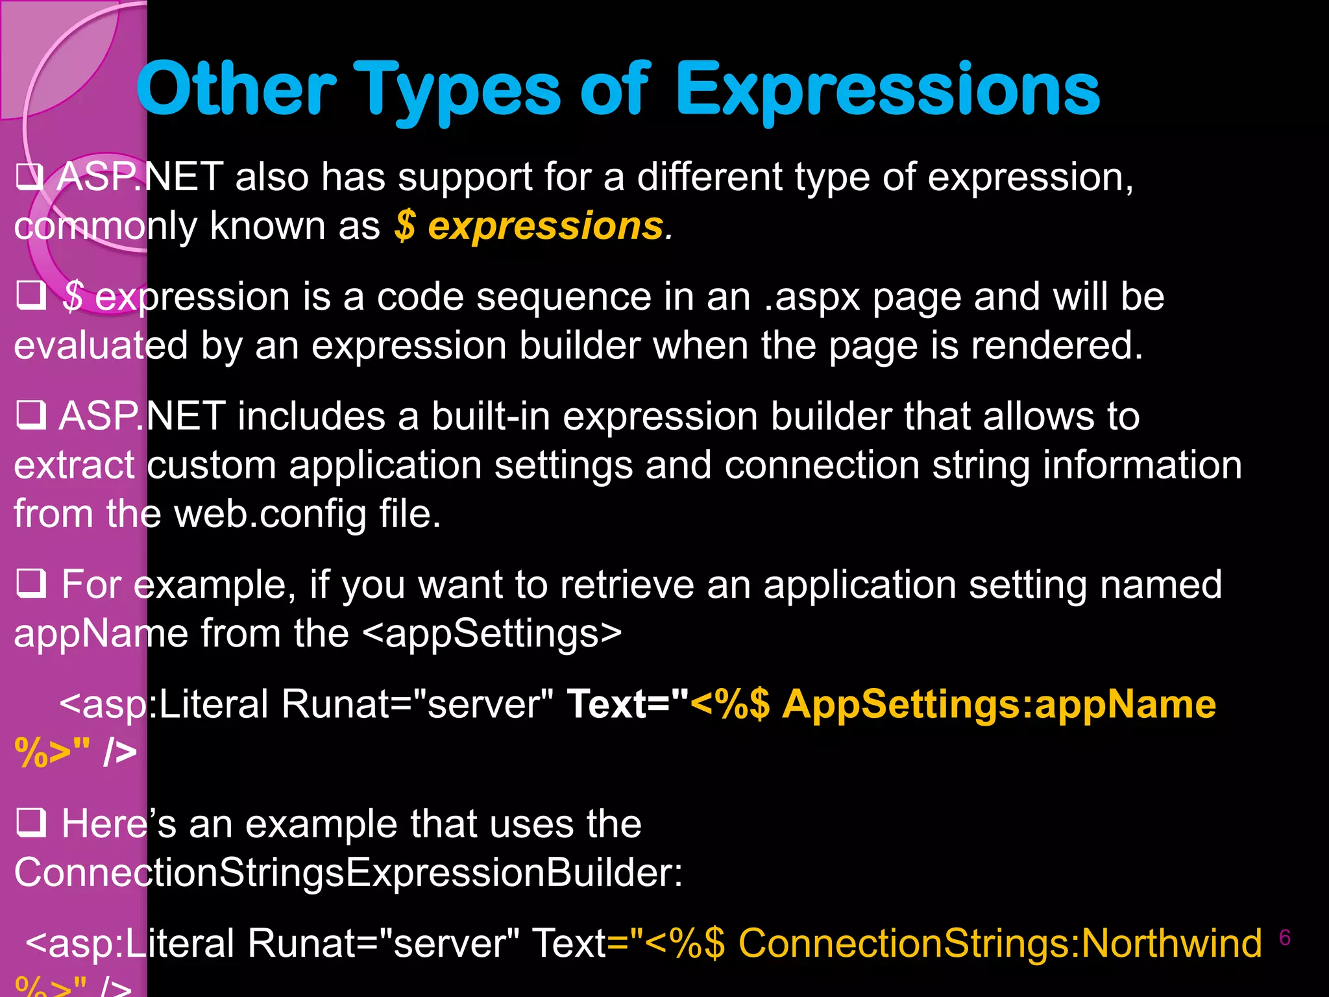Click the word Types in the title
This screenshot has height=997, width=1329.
459,90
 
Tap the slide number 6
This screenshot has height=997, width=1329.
1284,938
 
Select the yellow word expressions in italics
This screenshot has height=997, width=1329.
546,227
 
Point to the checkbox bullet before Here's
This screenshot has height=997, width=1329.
30,822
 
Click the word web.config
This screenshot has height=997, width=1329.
271,514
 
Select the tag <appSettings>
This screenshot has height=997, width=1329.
492,634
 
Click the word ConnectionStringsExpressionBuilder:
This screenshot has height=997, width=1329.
348,873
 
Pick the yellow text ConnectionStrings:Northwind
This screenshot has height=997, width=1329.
1000,944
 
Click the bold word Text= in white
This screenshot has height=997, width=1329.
627,705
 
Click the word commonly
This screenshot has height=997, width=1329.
106,227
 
